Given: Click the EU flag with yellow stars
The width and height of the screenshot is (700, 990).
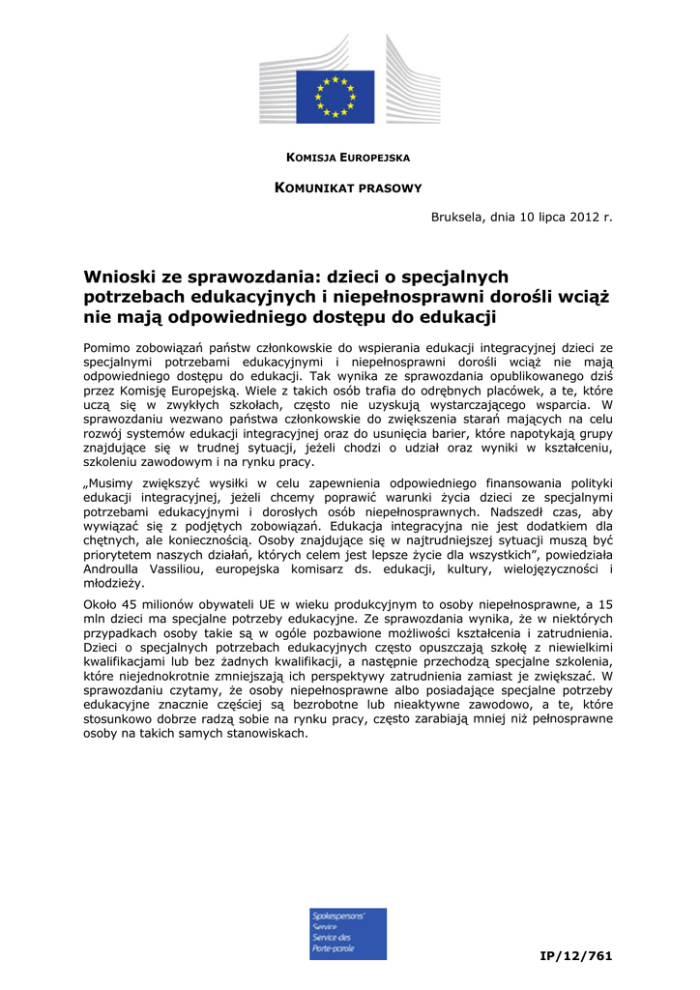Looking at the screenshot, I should coord(335,97).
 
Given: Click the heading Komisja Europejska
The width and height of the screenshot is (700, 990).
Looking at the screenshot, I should coord(349,157).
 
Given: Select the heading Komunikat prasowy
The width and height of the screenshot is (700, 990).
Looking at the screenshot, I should coord(349,188).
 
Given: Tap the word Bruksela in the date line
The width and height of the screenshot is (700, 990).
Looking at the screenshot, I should coord(460,218).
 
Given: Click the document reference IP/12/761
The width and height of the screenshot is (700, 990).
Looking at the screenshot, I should coord(576,955).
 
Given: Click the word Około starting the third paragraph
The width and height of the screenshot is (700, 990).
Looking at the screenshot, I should coord(102,604).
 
